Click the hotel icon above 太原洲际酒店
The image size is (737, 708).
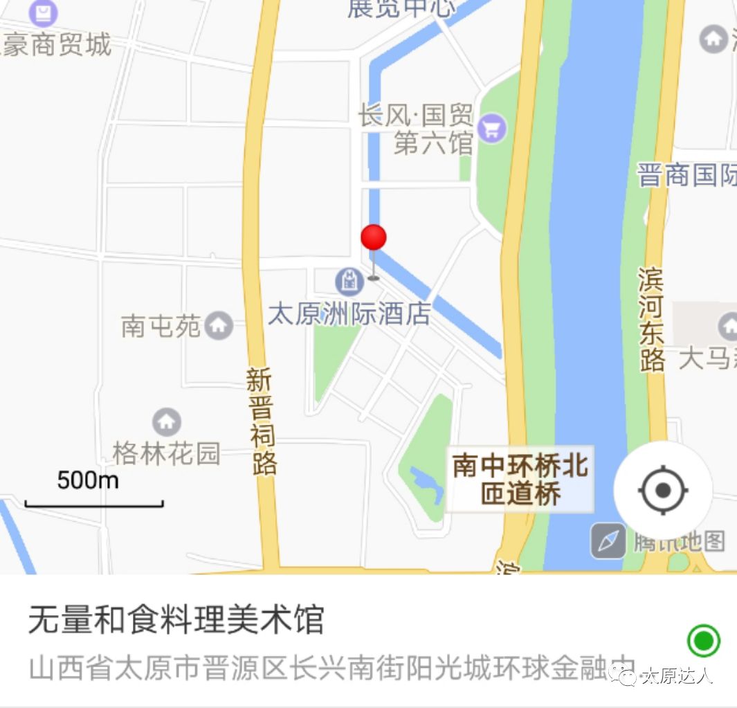point(349,280)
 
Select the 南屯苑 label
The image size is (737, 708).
point(161,326)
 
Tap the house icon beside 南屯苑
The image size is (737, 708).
point(219,325)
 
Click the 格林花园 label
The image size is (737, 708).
point(167,453)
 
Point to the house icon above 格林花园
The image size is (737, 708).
point(166,421)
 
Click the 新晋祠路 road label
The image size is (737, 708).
point(262,422)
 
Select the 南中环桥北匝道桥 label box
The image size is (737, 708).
point(520,479)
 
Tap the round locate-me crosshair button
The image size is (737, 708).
point(662,491)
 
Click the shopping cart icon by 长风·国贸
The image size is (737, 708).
point(492,128)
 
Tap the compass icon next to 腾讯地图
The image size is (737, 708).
point(608,541)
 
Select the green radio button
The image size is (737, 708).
point(703,641)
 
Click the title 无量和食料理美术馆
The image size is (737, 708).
point(176,619)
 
